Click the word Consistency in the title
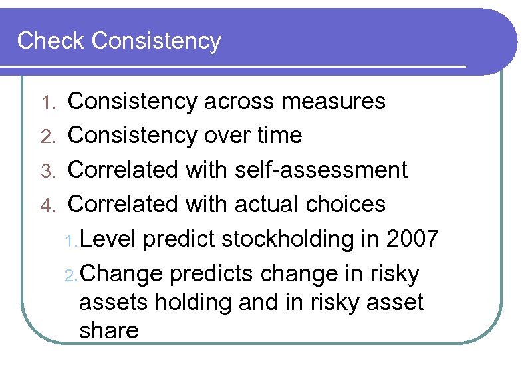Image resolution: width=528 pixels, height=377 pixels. pyautogui.click(x=156, y=41)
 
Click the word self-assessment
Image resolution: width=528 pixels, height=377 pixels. pyautogui.click(x=321, y=170)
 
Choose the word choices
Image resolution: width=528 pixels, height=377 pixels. pyautogui.click(x=346, y=204)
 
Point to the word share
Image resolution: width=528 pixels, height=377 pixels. pyautogui.click(x=109, y=330)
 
